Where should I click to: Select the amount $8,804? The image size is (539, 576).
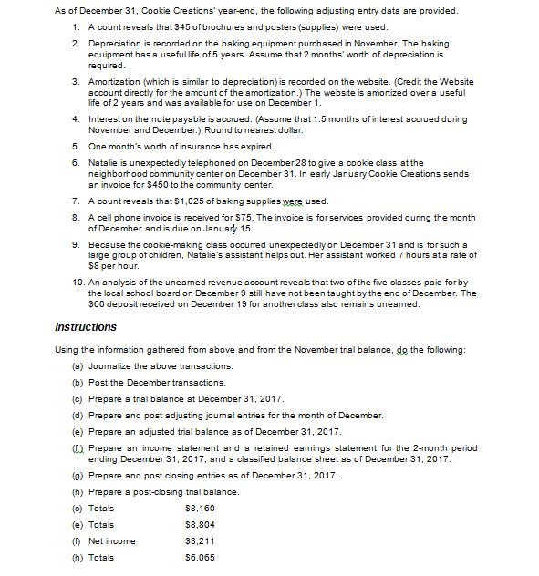199,524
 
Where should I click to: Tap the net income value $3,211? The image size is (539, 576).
199,541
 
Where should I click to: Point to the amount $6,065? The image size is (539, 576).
199,559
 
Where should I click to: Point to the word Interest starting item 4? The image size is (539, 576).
80,118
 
